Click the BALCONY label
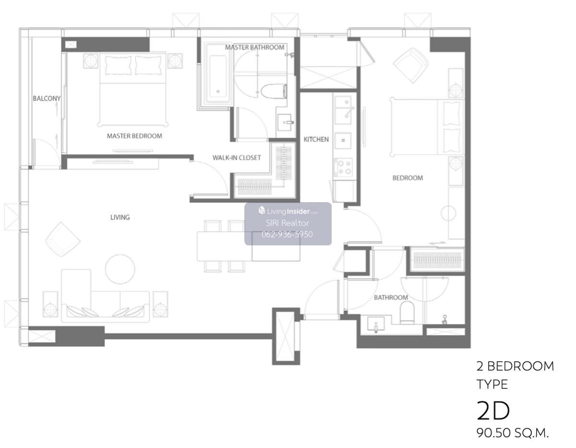point(47,98)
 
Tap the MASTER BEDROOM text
point(134,136)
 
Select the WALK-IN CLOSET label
point(237,157)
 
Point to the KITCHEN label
point(316,139)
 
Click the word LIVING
point(120,218)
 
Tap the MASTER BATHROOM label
point(254,48)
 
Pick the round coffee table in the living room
point(120,269)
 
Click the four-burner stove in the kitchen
point(343,168)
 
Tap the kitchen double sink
point(343,110)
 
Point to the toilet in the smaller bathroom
point(407,314)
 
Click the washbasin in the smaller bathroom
point(376,325)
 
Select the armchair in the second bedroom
point(411,65)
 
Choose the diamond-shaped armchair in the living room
point(63,239)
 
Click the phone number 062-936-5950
point(287,234)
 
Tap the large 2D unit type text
point(493,411)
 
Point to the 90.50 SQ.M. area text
point(512,433)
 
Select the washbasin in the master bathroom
point(286,122)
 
